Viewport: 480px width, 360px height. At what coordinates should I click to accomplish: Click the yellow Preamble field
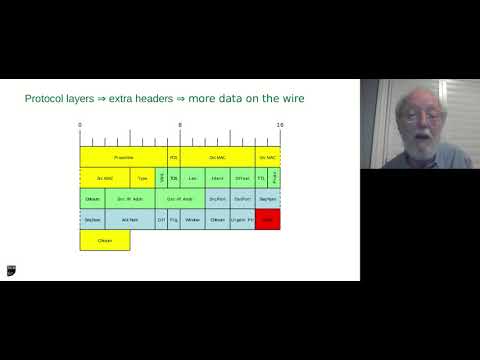click(x=124, y=157)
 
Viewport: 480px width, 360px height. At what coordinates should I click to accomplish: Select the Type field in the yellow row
click(x=143, y=178)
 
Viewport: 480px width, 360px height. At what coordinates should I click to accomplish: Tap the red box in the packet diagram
click(x=267, y=219)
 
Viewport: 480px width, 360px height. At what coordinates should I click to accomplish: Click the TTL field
click(x=261, y=178)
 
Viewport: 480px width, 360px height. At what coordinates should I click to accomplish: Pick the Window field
click(x=193, y=219)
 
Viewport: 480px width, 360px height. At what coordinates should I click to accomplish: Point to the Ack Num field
click(x=129, y=219)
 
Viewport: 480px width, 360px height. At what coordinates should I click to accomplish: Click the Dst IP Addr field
click(x=179, y=199)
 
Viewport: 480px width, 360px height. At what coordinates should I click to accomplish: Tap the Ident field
click(x=218, y=178)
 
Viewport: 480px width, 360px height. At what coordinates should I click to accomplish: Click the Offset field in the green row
click(x=243, y=178)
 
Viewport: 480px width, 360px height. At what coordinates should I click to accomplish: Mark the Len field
click(x=193, y=178)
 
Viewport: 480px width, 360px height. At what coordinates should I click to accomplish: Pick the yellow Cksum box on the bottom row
click(x=105, y=240)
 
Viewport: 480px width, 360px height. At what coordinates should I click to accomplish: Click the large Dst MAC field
click(x=218, y=157)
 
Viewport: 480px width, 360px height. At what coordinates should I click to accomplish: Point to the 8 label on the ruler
click(x=180, y=125)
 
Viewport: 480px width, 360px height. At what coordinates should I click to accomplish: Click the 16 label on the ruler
click(x=279, y=125)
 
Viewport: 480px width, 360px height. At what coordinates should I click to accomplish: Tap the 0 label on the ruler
click(x=80, y=125)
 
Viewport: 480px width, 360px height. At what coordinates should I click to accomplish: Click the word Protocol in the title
click(x=47, y=99)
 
